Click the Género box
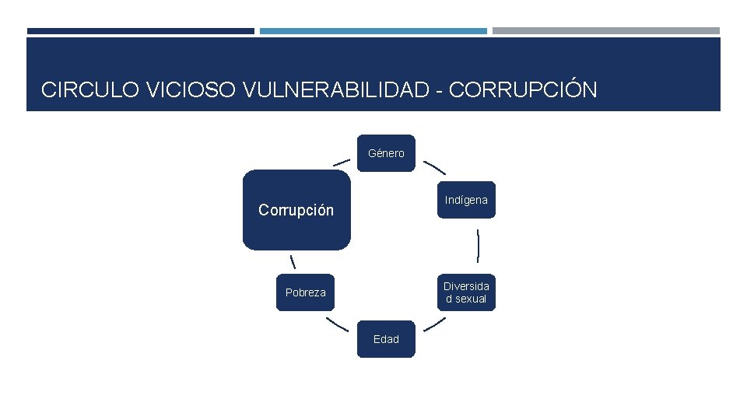point(386,153)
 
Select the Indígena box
point(466,200)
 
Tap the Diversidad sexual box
point(466,292)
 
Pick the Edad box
point(386,339)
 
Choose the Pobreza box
point(306,292)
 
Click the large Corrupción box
point(296,210)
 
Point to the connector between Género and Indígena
point(434,167)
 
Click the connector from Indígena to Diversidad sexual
point(478,246)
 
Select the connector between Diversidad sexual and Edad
point(434,324)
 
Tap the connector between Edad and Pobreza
point(337,324)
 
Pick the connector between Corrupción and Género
point(341,163)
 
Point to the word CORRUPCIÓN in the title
point(523,90)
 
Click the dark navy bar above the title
point(140,31)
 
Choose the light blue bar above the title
point(373,31)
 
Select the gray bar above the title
point(605,31)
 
